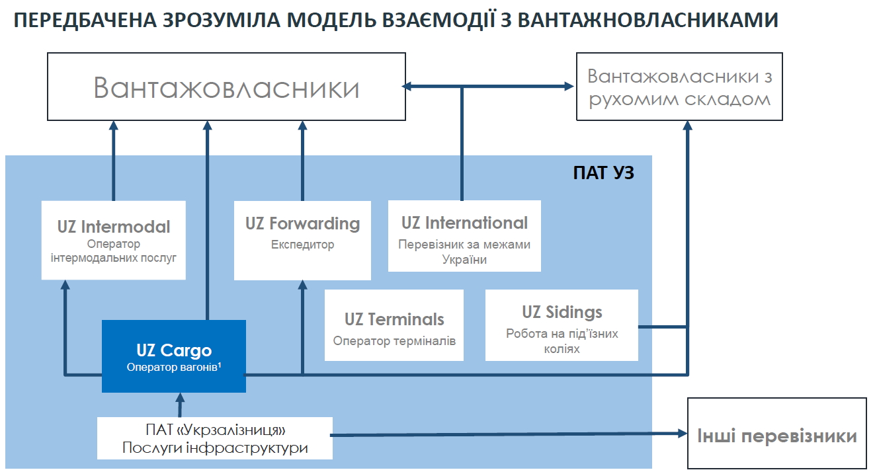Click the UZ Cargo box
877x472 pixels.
pyautogui.click(x=174, y=356)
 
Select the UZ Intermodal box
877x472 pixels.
pyautogui.click(x=114, y=241)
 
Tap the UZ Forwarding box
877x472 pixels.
pyautogui.click(x=302, y=241)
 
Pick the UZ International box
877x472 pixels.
pyautogui.click(x=464, y=236)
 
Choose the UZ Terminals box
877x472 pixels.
pyautogui.click(x=394, y=325)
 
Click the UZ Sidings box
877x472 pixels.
pyautogui.click(x=562, y=325)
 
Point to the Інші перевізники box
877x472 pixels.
pyautogui.click(x=777, y=433)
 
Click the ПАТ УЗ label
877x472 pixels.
pyautogui.click(x=603, y=173)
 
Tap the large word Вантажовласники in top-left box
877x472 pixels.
pyautogui.click(x=226, y=88)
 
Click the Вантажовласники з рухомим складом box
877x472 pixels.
pyautogui.click(x=679, y=87)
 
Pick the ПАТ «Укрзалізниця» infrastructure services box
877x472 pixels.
pyautogui.click(x=215, y=438)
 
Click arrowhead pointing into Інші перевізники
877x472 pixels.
pyautogui.click(x=683, y=433)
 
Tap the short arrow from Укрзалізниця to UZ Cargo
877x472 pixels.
pyautogui.click(x=180, y=405)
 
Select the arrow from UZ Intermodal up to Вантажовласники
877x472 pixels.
pyautogui.click(x=114, y=161)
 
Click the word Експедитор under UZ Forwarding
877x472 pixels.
pyautogui.click(x=302, y=245)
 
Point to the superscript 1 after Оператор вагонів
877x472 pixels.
pyautogui.click(x=220, y=365)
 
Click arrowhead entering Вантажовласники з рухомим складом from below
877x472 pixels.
pyautogui.click(x=687, y=125)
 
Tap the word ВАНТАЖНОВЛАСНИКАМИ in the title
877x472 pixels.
pyautogui.click(x=648, y=20)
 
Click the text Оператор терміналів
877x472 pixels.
pyautogui.click(x=394, y=341)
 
